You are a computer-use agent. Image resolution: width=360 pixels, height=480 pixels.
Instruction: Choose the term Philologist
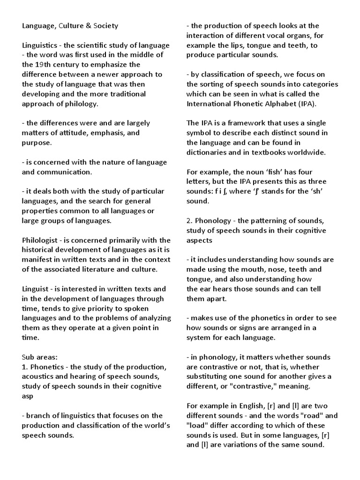[x=41, y=240]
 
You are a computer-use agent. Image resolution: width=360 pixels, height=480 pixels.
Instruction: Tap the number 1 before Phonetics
[x=24, y=366]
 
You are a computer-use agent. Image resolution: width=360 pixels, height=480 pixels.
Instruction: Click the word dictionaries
[x=208, y=152]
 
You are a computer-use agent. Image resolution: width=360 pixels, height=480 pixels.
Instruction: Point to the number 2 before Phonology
[x=188, y=221]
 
